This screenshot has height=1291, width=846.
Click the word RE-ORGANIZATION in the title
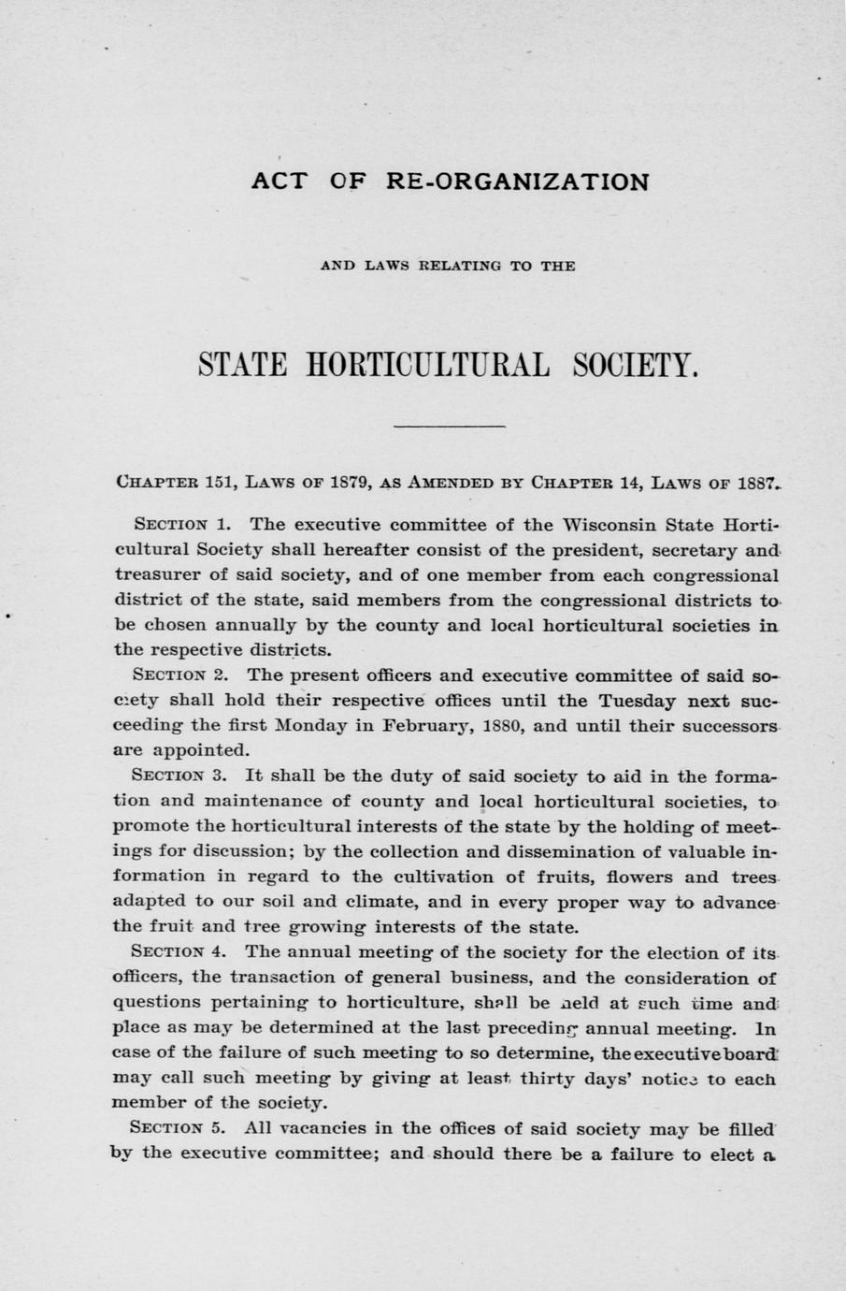click(517, 181)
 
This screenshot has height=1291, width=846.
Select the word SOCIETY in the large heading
click(636, 362)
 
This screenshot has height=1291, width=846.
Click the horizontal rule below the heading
click(449, 427)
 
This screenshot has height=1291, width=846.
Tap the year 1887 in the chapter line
click(757, 483)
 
